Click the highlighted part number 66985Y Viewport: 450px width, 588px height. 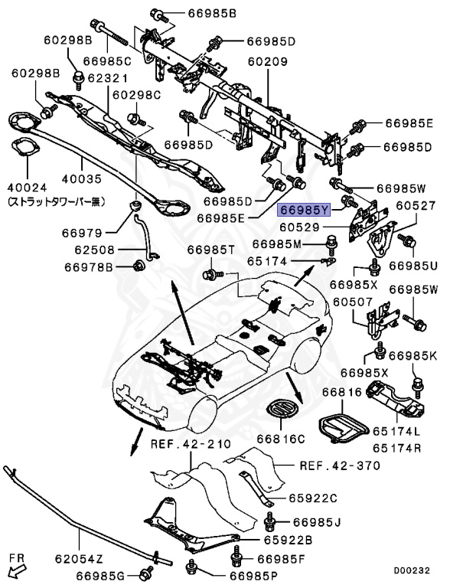[304, 209]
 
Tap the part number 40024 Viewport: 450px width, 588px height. [28, 187]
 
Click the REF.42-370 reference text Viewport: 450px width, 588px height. [333, 465]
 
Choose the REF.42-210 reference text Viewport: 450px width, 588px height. [180, 444]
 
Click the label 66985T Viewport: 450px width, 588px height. [211, 251]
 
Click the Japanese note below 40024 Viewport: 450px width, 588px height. [55, 201]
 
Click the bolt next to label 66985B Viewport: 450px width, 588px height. [155, 13]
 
